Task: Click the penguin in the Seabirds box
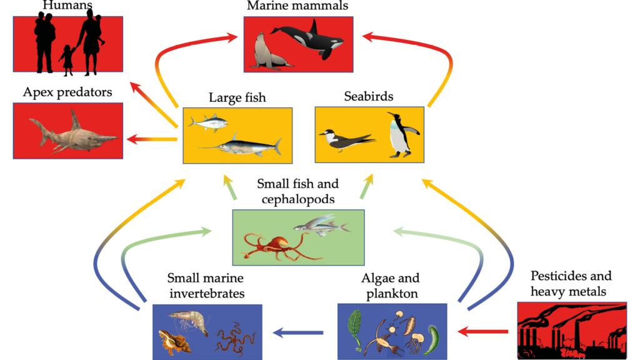point(398,134)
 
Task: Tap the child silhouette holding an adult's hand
point(66,60)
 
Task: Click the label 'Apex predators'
point(67,92)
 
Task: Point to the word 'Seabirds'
point(369,97)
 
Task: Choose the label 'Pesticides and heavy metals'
point(571,284)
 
